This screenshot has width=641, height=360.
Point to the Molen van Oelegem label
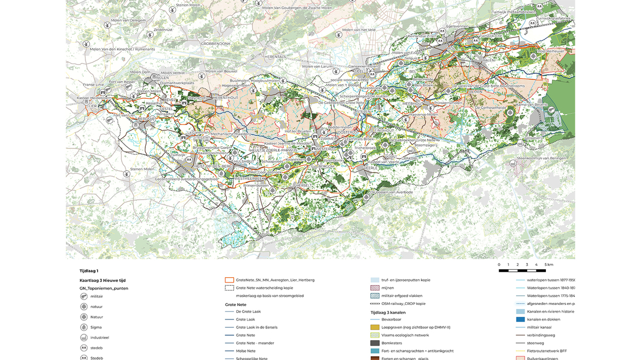pos(127,20)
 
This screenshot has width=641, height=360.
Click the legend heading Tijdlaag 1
pos(89,271)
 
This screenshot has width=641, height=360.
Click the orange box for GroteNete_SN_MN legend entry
pos(230,280)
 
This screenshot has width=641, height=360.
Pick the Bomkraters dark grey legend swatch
pos(375,342)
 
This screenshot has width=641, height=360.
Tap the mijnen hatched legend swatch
pos(375,288)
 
